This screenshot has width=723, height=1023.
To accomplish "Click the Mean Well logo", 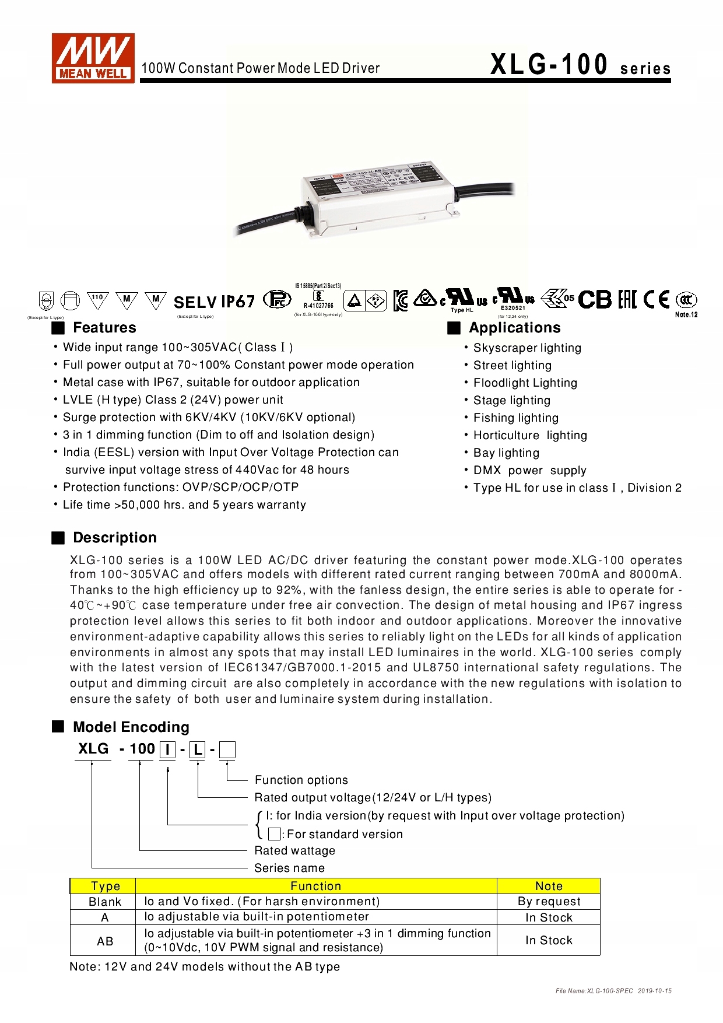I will coord(93,58).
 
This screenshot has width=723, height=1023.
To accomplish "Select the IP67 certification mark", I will coord(238,302).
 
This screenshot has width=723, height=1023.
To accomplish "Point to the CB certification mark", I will coord(595,300).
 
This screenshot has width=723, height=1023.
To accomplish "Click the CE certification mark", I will coord(656,300).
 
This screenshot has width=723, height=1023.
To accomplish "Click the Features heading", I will coord(104,328).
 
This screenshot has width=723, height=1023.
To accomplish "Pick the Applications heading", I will coord(514,328).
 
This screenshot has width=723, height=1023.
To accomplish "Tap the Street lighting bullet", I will coord(512,366).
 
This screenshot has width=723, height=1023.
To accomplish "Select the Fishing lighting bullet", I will coord(515,418).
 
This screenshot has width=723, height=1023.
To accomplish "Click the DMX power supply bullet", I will coord(529,471).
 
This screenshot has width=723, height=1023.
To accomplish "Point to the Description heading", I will coord(114,538).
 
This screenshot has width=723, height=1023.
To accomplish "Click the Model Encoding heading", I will coord(131,727).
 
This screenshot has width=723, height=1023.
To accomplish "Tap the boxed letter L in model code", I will coord(198,750).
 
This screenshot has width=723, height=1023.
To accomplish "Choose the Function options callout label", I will coord(301,780).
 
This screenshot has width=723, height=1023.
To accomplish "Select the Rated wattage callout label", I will coord(294,851).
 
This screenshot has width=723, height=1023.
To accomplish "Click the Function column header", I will coord(315,887).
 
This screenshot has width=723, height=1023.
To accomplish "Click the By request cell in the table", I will coord(549,902).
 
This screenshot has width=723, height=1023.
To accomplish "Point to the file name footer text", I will coord(613,991).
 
